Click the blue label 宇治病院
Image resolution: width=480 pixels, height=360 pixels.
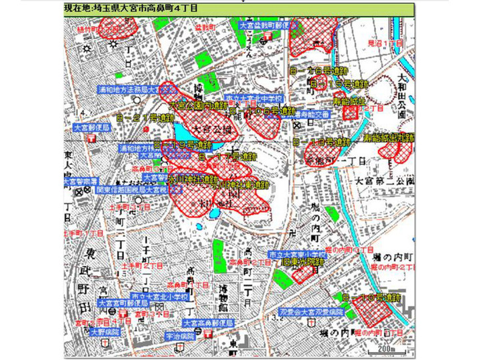(180, 337)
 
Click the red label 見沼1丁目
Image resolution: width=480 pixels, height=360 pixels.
(387, 43)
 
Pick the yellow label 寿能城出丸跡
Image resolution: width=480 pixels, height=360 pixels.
(389, 137)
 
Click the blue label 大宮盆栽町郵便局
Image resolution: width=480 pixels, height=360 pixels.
(264, 25)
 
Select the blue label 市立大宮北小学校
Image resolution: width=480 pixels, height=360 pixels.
(158, 295)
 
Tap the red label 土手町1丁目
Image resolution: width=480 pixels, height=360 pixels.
(82, 235)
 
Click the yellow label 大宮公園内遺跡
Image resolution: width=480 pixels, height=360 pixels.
(199, 105)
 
